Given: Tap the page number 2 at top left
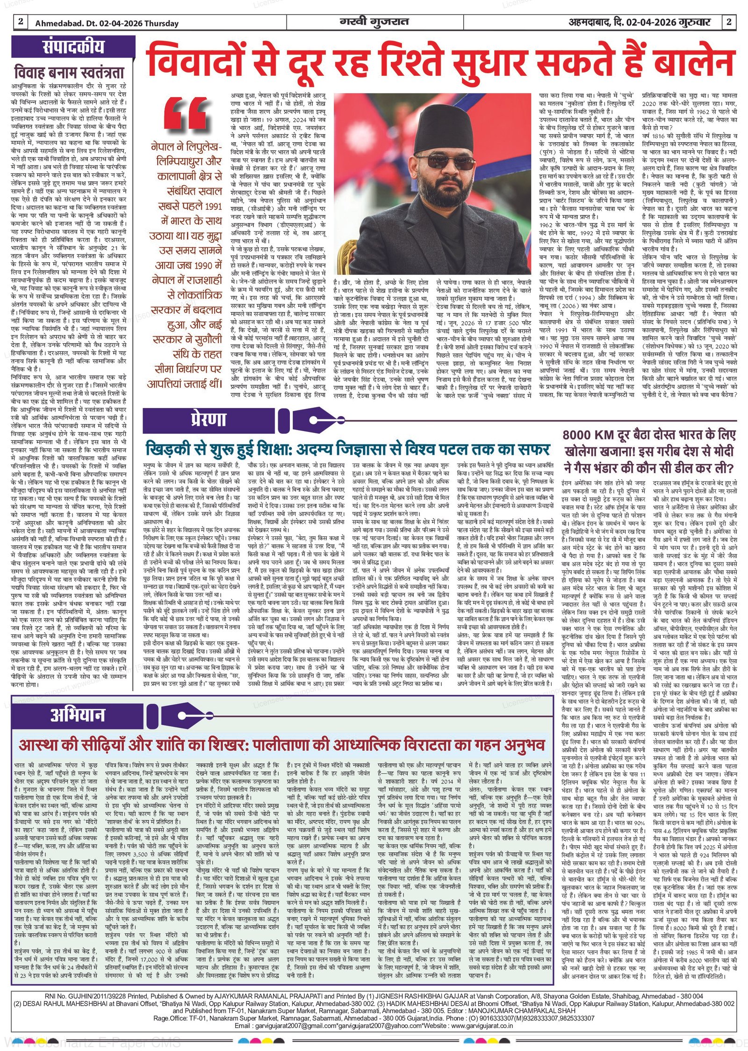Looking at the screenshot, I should tap(21, 22).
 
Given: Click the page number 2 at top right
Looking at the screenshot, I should tap(729, 22).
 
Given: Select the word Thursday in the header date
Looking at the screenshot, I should tap(161, 23).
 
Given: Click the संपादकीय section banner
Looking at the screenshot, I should tap(73, 47).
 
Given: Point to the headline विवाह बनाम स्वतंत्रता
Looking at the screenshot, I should tap(69, 73).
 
